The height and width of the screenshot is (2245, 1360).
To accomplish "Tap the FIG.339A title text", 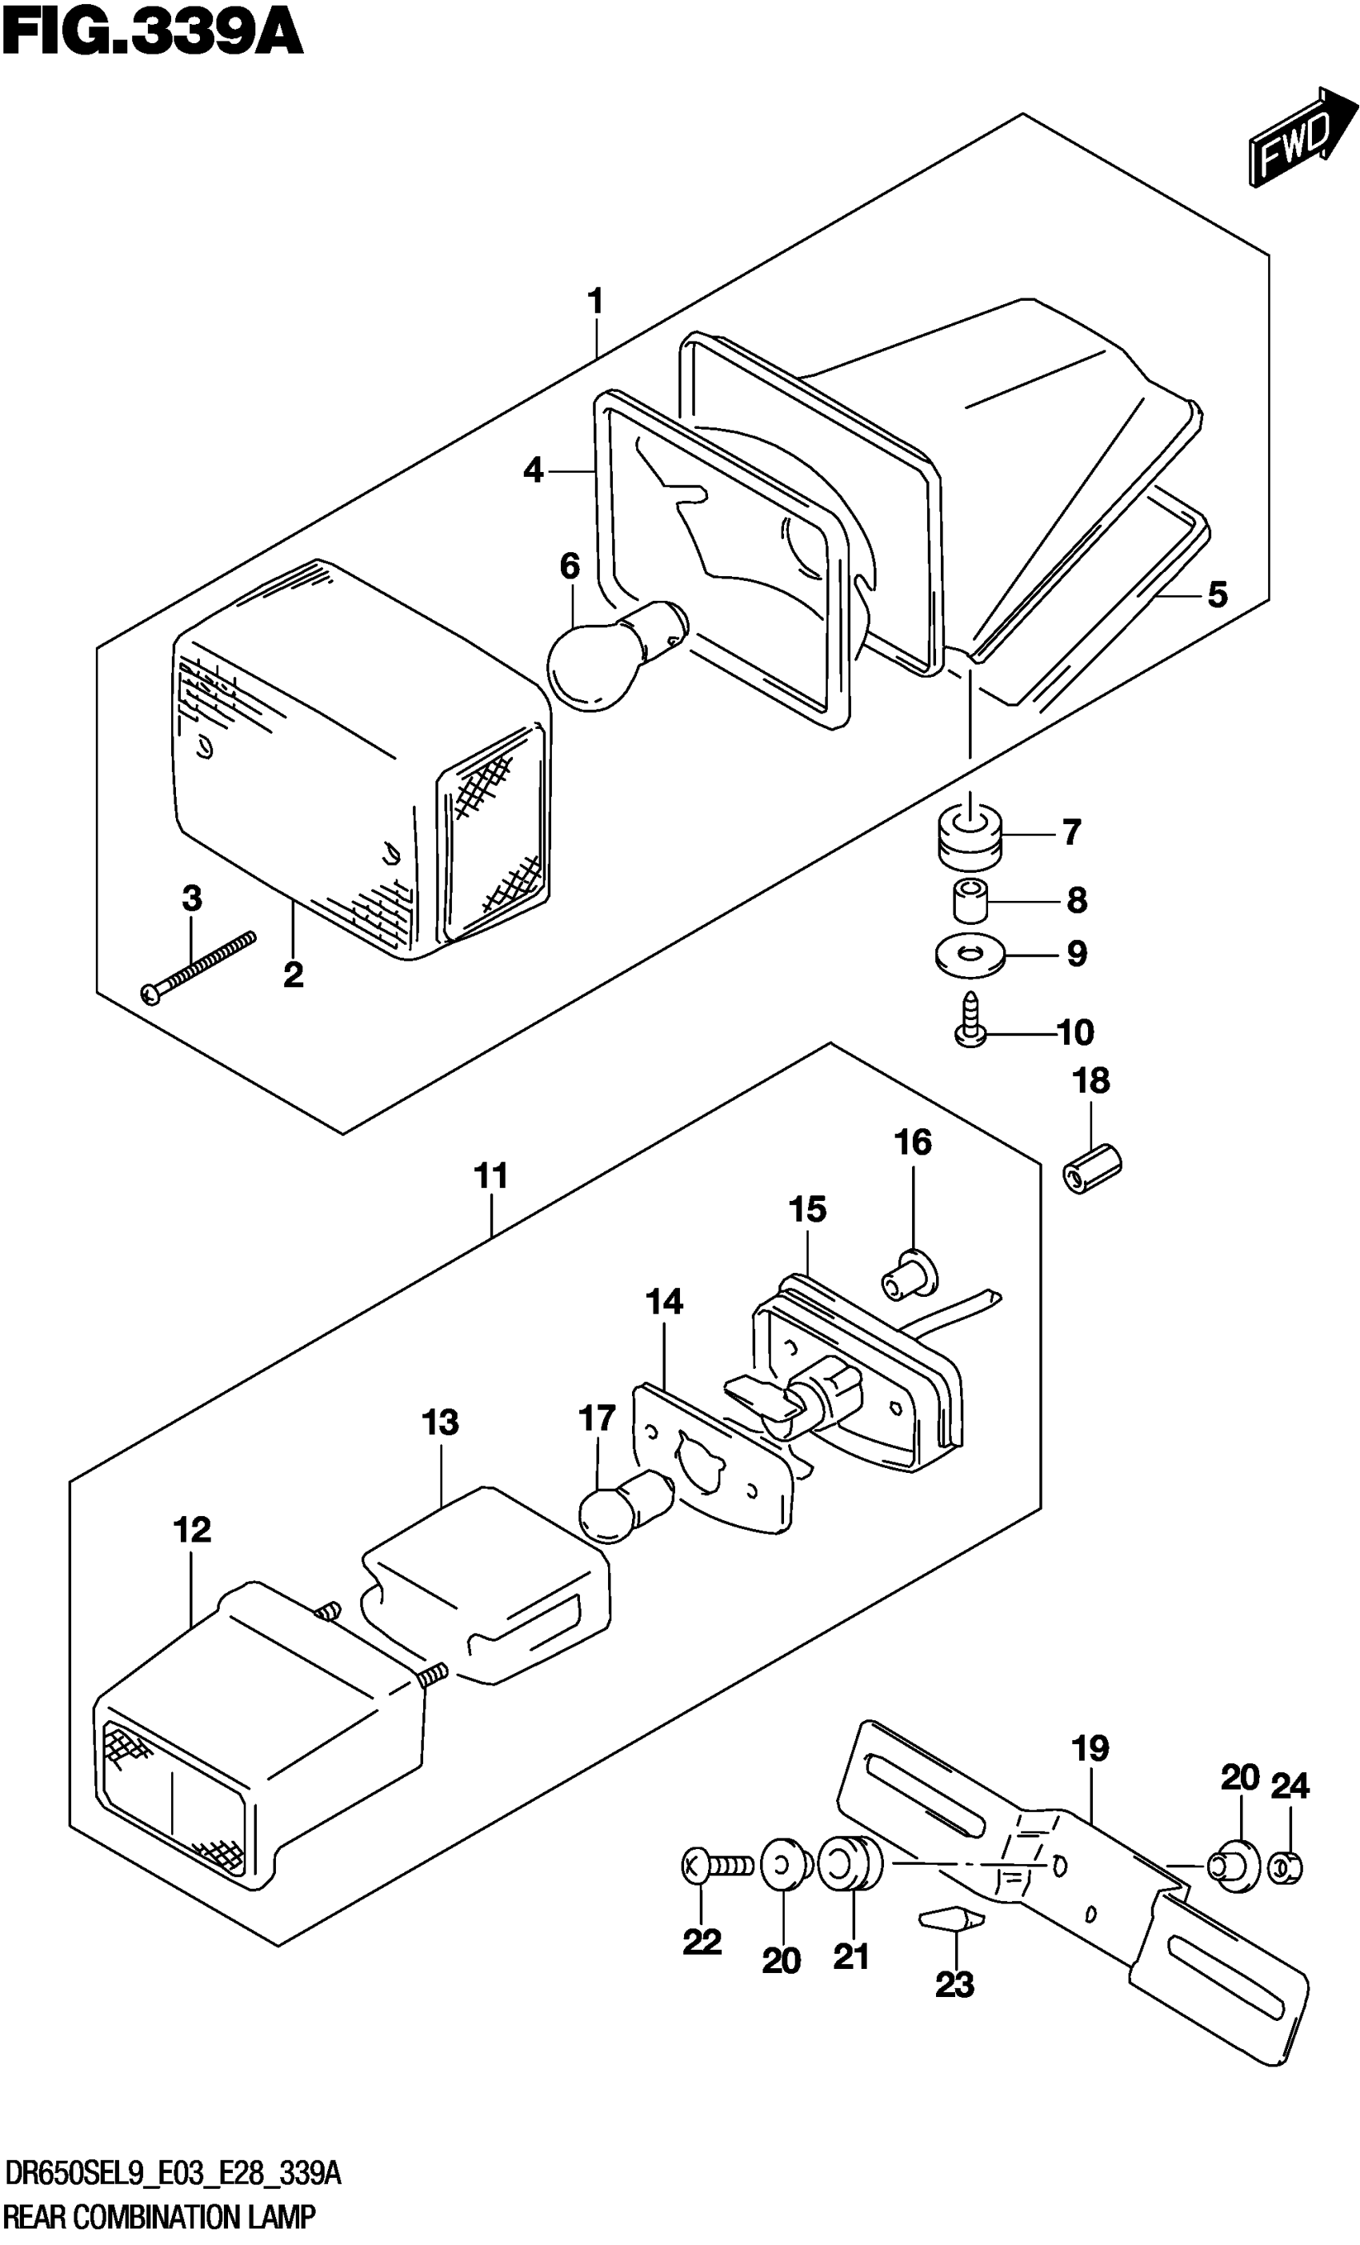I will [x=152, y=34].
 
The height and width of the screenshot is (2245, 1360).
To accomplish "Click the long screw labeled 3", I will [x=198, y=966].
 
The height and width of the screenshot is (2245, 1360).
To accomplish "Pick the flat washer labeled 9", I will [x=968, y=954].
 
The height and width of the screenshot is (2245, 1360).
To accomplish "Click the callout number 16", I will [x=914, y=1143].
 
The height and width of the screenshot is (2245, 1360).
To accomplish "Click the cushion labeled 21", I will [x=850, y=1864].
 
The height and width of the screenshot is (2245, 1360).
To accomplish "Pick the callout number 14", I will [x=664, y=1302].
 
